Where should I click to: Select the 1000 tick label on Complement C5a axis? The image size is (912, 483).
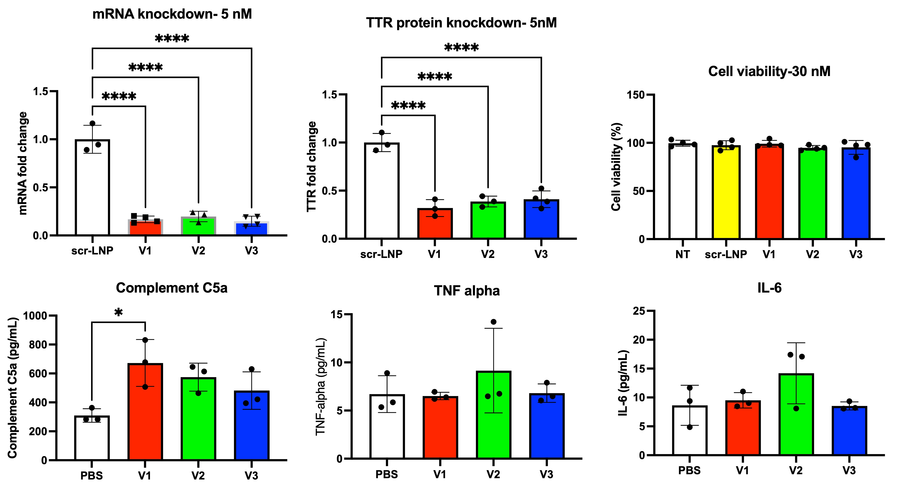click(35, 315)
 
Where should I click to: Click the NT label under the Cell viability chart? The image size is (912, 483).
click(682, 254)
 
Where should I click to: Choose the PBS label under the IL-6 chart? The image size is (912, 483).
click(689, 471)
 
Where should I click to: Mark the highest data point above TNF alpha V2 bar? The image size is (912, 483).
click(493, 322)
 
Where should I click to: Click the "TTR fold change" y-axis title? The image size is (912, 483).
click(311, 167)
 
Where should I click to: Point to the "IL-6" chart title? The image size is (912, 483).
click(769, 288)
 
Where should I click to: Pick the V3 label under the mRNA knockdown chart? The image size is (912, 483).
click(251, 251)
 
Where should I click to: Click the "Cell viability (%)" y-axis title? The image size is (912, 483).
click(616, 167)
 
